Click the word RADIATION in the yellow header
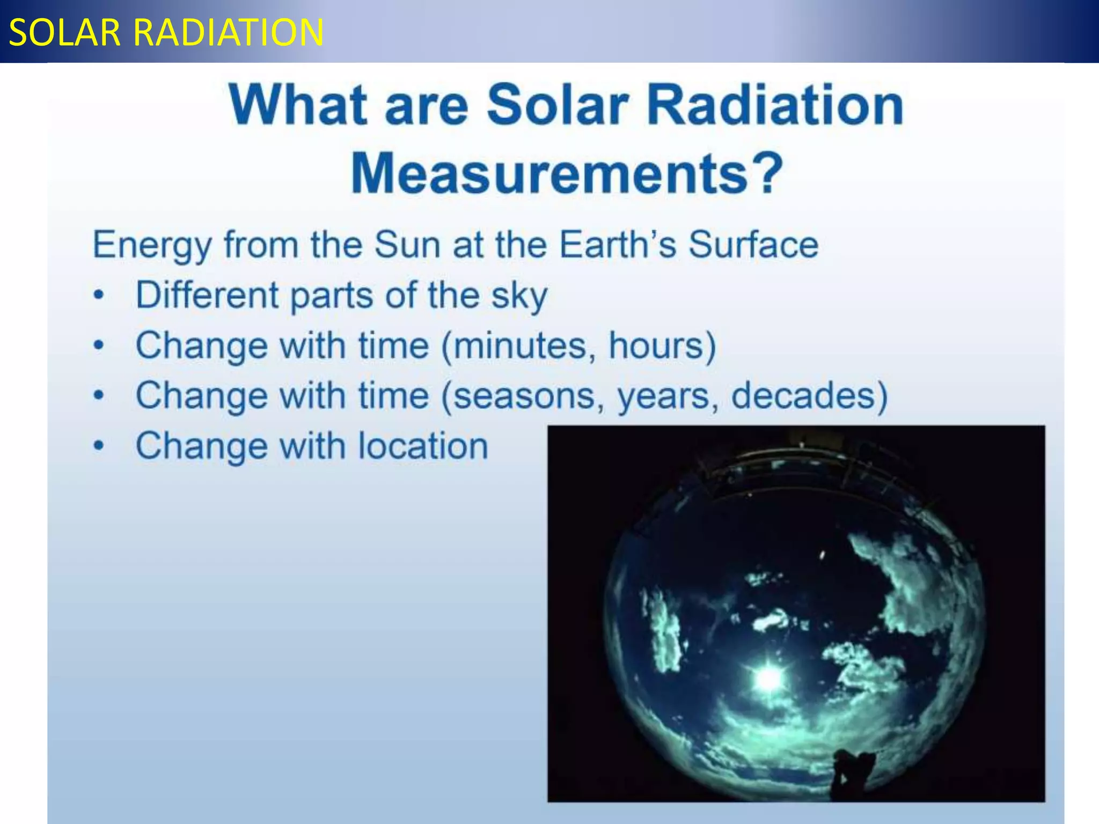click(x=228, y=33)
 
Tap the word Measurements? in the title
click(x=567, y=173)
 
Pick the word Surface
click(x=753, y=245)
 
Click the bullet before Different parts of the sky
click(x=98, y=295)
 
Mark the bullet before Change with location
click(x=98, y=445)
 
